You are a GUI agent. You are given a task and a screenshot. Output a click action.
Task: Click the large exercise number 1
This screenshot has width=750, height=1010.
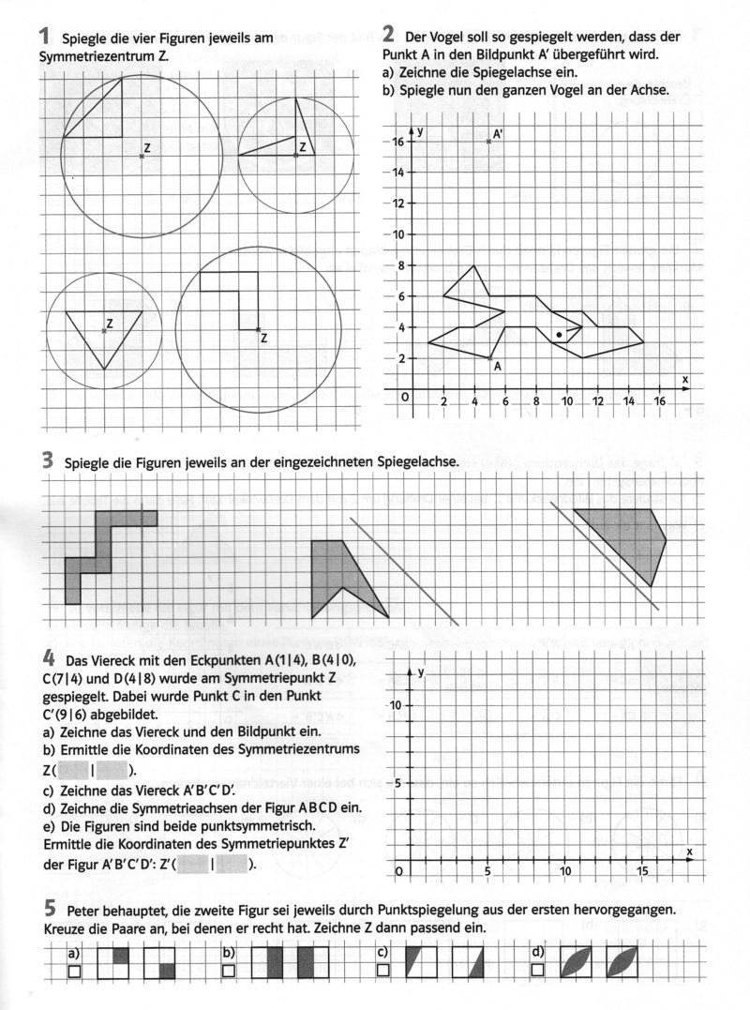[44, 37]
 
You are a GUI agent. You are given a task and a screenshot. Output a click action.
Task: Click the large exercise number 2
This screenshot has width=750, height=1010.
[389, 36]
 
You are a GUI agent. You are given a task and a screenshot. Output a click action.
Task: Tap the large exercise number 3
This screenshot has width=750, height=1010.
[46, 460]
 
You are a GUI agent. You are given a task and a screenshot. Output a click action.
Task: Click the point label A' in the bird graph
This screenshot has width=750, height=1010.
[499, 135]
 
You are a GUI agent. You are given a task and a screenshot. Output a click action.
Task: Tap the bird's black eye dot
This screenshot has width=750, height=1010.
[559, 334]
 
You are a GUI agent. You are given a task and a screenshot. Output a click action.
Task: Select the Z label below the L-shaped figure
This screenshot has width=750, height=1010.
[263, 339]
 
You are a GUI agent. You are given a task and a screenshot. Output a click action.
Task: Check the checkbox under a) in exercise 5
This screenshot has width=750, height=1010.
[73, 971]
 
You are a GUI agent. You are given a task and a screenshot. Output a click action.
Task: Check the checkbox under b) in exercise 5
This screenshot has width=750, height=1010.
[228, 971]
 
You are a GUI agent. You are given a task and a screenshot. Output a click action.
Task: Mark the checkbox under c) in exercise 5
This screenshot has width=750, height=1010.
[382, 971]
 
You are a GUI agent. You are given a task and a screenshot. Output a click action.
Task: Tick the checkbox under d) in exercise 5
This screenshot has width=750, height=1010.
[537, 971]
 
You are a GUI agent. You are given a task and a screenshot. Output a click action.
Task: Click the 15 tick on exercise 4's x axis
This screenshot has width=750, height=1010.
[642, 872]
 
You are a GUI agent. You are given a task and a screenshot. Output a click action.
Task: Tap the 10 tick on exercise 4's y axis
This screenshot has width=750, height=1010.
[397, 705]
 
